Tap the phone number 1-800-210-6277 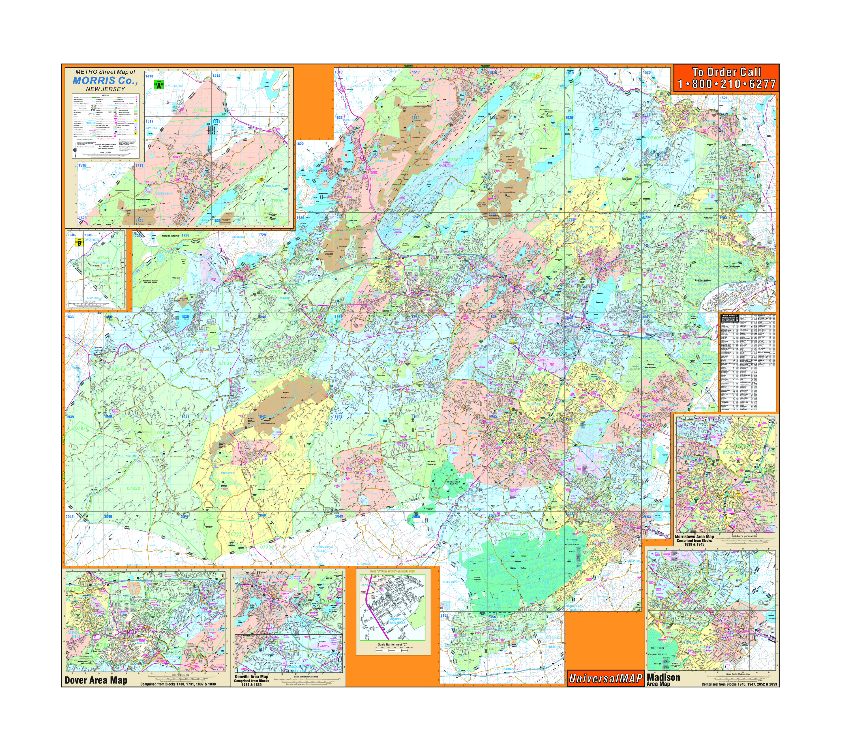[726, 84]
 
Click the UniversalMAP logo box [606, 679]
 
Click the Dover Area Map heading [96, 681]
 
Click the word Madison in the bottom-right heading [663, 678]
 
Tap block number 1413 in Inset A [149, 76]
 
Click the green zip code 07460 [200, 110]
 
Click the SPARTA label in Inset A [152, 128]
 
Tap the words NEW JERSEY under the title [105, 89]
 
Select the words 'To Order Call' [726, 72]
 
